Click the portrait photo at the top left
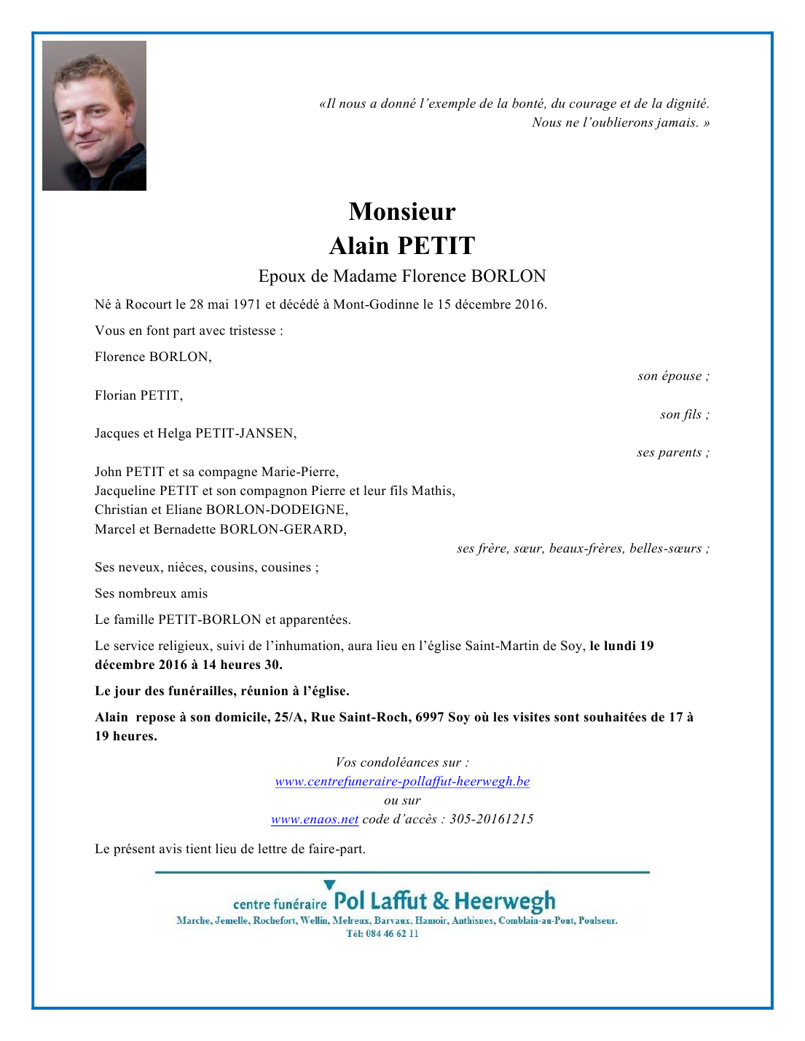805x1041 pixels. (x=94, y=116)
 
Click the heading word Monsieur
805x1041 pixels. (x=402, y=212)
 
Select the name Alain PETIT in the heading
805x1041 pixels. (x=402, y=246)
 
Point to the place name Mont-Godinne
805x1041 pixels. (x=376, y=304)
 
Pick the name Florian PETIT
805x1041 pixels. (x=138, y=395)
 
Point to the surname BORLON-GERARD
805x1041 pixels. (x=283, y=529)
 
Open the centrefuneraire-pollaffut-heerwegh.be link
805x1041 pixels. (x=402, y=782)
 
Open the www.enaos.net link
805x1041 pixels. (x=315, y=820)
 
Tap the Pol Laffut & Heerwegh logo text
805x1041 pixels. (x=444, y=901)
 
